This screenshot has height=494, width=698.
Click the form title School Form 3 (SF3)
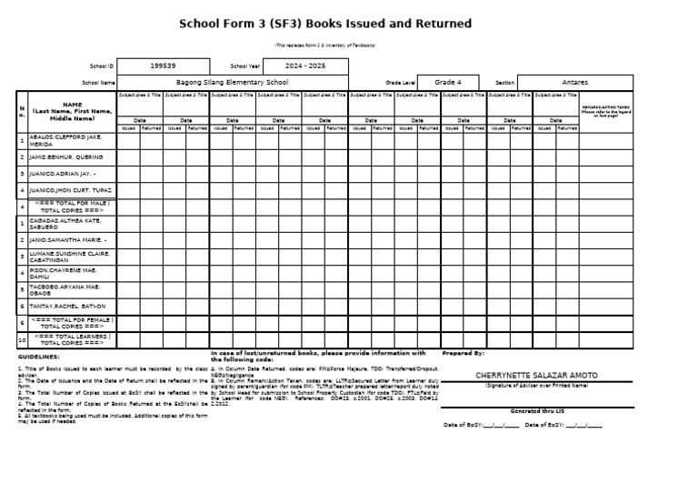pyautogui.click(x=324, y=24)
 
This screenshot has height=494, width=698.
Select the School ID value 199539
pyautogui.click(x=164, y=66)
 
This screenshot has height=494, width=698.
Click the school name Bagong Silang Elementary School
pyautogui.click(x=232, y=82)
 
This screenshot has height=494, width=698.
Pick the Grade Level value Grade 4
pyautogui.click(x=448, y=82)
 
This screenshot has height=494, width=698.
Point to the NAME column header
pyautogui.click(x=72, y=111)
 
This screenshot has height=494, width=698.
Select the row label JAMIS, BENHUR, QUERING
pyautogui.click(x=66, y=156)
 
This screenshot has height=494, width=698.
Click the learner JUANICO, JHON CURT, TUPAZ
pyautogui.click(x=70, y=190)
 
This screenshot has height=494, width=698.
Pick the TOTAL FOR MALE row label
pyautogui.click(x=73, y=207)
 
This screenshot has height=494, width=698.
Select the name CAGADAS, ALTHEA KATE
pyautogui.click(x=65, y=223)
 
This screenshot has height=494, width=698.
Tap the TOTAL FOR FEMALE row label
pyautogui.click(x=73, y=322)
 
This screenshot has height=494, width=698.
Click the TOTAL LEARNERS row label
pyautogui.click(x=73, y=339)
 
